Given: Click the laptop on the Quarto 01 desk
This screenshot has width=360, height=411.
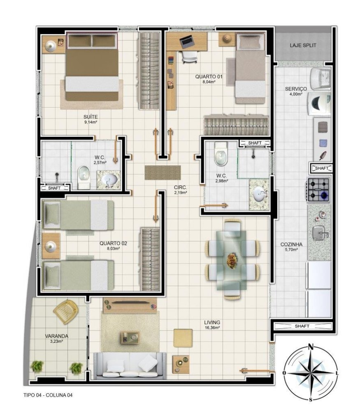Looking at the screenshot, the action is pyautogui.click(x=187, y=42).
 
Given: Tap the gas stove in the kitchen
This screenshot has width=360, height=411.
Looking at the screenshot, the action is pyautogui.click(x=318, y=190).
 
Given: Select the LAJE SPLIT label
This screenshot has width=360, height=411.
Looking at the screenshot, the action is pyautogui.click(x=303, y=45).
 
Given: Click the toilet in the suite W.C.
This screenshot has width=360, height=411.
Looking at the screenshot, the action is pyautogui.click(x=84, y=177).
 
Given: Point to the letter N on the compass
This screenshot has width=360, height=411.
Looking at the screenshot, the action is pyautogui.click(x=311, y=347).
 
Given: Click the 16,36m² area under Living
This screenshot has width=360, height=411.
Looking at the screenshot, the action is pyautogui.click(x=212, y=328).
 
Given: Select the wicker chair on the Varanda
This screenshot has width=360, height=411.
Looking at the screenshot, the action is pyautogui.click(x=65, y=312).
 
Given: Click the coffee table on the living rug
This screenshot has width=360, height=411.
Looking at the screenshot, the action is pyautogui.click(x=130, y=337).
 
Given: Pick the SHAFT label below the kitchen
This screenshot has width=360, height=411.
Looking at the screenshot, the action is pyautogui.click(x=302, y=326).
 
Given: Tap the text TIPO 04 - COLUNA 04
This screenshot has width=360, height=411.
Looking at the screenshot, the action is pyautogui.click(x=48, y=395).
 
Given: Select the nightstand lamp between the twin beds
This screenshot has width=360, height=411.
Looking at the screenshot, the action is pyautogui.click(x=50, y=246).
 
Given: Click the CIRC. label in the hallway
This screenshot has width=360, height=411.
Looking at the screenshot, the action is pyautogui.click(x=180, y=187).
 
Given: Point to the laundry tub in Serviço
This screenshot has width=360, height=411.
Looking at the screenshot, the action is pyautogui.click(x=320, y=78).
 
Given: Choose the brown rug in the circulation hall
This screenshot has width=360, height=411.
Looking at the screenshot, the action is pyautogui.click(x=163, y=173).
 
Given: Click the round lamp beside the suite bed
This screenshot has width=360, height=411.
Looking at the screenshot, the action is pyautogui.click(x=50, y=46).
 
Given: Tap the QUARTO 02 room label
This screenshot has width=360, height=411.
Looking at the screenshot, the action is pyautogui.click(x=113, y=243).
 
